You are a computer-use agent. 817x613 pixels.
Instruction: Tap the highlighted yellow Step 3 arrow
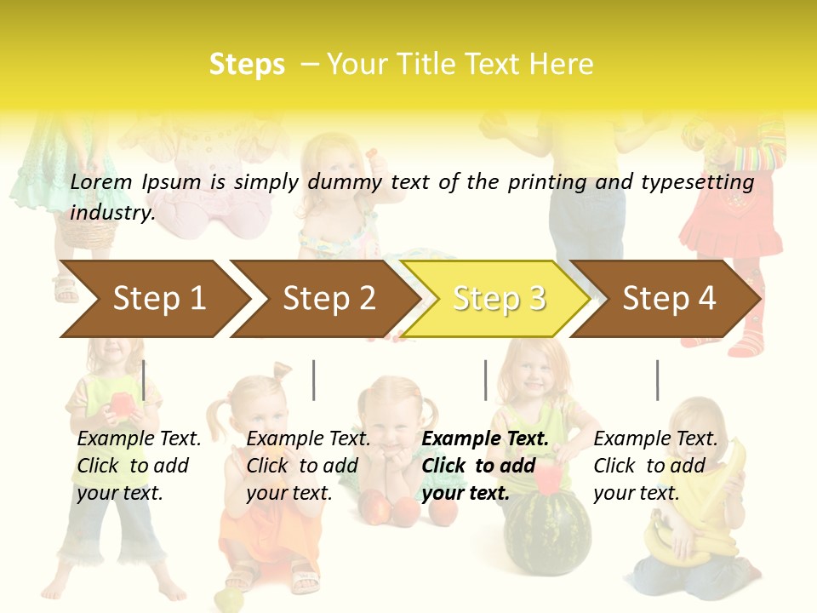(499, 299)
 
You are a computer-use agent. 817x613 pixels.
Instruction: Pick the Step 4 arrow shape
(669, 299)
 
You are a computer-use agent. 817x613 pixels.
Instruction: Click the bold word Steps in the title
(247, 65)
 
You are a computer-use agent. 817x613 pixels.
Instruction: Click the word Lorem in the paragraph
(101, 181)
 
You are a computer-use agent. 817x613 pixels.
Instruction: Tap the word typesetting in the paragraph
(697, 181)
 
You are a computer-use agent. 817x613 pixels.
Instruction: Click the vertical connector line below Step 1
(144, 380)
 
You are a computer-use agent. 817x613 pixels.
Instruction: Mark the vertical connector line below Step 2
(314, 380)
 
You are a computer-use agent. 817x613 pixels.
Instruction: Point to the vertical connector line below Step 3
(485, 380)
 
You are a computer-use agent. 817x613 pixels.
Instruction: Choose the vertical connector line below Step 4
(657, 380)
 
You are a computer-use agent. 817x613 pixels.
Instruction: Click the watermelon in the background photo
(546, 532)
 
